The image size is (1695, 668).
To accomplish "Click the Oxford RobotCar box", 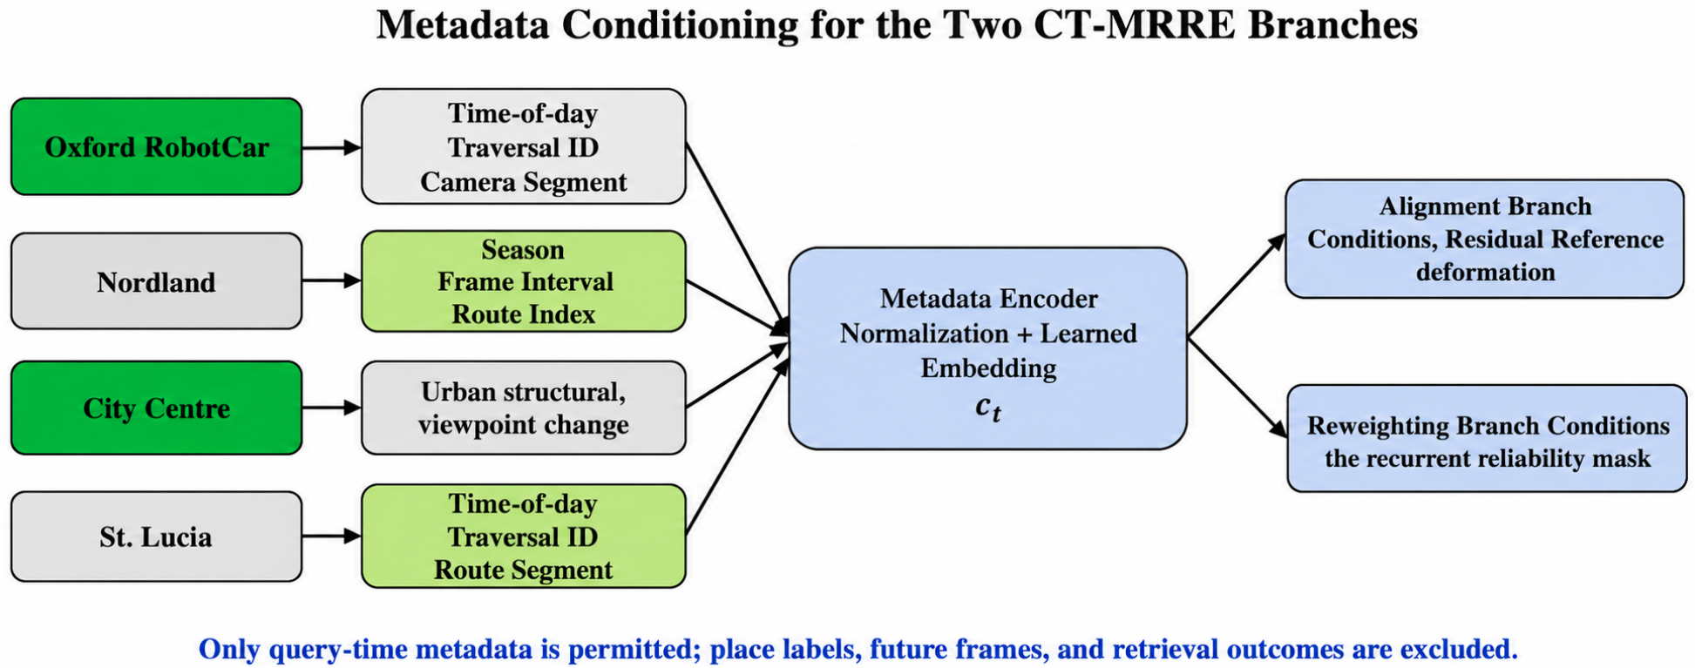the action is click(x=157, y=146).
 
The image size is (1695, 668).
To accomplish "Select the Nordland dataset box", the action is click(x=157, y=281).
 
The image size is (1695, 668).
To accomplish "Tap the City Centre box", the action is click(x=157, y=408).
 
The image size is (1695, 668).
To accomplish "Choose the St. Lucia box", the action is click(x=157, y=536).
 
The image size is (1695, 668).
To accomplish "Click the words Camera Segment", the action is click(x=524, y=182).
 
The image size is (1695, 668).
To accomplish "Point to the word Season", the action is click(x=523, y=250).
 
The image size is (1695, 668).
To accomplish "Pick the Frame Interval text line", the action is click(x=525, y=282).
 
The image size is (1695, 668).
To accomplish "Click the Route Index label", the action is click(x=524, y=314).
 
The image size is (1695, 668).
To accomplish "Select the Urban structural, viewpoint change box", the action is click(x=524, y=408).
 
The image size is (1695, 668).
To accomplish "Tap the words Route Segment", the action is click(x=524, y=570).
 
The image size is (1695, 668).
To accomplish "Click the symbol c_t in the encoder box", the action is click(x=988, y=407).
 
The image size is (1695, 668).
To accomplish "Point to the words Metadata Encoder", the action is click(x=988, y=299).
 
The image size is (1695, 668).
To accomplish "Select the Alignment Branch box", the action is click(x=1484, y=239).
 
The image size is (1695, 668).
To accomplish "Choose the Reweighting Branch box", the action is click(x=1487, y=438).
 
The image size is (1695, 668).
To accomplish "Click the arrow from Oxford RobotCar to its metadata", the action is click(x=332, y=148).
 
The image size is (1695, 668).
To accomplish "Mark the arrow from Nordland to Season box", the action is click(x=332, y=280).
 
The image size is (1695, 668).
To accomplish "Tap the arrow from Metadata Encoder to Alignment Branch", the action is click(x=1237, y=285).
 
